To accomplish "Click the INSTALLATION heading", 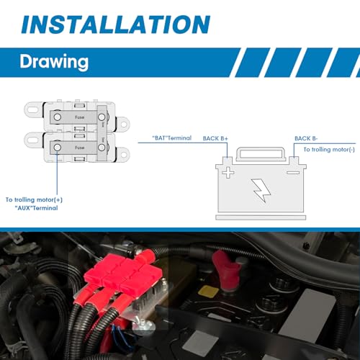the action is click(116, 24).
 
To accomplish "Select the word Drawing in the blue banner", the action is click(54, 62).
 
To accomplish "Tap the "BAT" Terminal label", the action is click(172, 138).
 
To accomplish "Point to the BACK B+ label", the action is click(215, 138).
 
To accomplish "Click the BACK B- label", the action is click(306, 138).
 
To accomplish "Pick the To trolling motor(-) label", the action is click(329, 150).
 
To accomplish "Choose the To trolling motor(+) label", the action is click(34, 199).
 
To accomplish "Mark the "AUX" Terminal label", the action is click(36, 208).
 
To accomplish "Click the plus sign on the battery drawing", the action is click(228, 172).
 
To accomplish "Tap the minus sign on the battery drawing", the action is click(293, 173).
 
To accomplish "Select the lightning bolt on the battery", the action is click(261, 190).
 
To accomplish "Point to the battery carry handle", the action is click(261, 153).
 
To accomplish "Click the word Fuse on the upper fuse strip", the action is click(80, 117).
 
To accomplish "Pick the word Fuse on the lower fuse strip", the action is click(80, 148).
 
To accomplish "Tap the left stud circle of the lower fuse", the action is click(57, 148).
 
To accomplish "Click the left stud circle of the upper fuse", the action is click(57, 117).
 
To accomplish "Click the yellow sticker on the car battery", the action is click(208, 292).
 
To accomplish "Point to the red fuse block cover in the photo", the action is click(123, 274).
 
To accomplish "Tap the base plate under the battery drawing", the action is click(261, 217).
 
